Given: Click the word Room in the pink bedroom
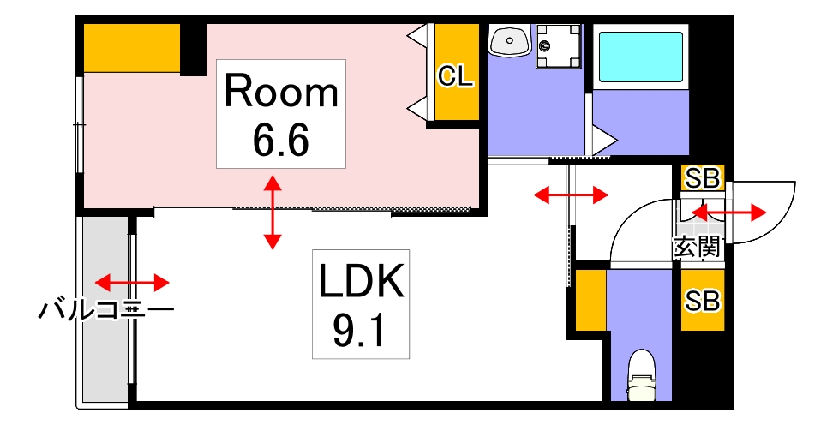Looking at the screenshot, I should (x=281, y=92).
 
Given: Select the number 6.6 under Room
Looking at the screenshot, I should (x=280, y=140).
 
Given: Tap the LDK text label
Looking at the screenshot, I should (x=361, y=280).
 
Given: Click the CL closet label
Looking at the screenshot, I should (x=455, y=76).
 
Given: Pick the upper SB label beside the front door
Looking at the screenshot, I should (x=703, y=178).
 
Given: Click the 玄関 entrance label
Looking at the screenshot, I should (x=696, y=248).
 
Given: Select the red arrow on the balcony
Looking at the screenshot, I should (x=132, y=282).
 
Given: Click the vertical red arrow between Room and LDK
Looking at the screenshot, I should (x=272, y=212).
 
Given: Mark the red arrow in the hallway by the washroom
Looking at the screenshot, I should (x=571, y=195).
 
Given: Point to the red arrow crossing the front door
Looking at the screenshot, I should (x=728, y=211).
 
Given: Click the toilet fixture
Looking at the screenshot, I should (x=641, y=374).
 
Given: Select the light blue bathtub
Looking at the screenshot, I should (x=640, y=57).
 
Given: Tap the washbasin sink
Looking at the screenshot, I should (x=510, y=40).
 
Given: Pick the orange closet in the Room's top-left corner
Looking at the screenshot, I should (x=131, y=48).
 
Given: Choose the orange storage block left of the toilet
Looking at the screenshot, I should (x=591, y=301).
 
